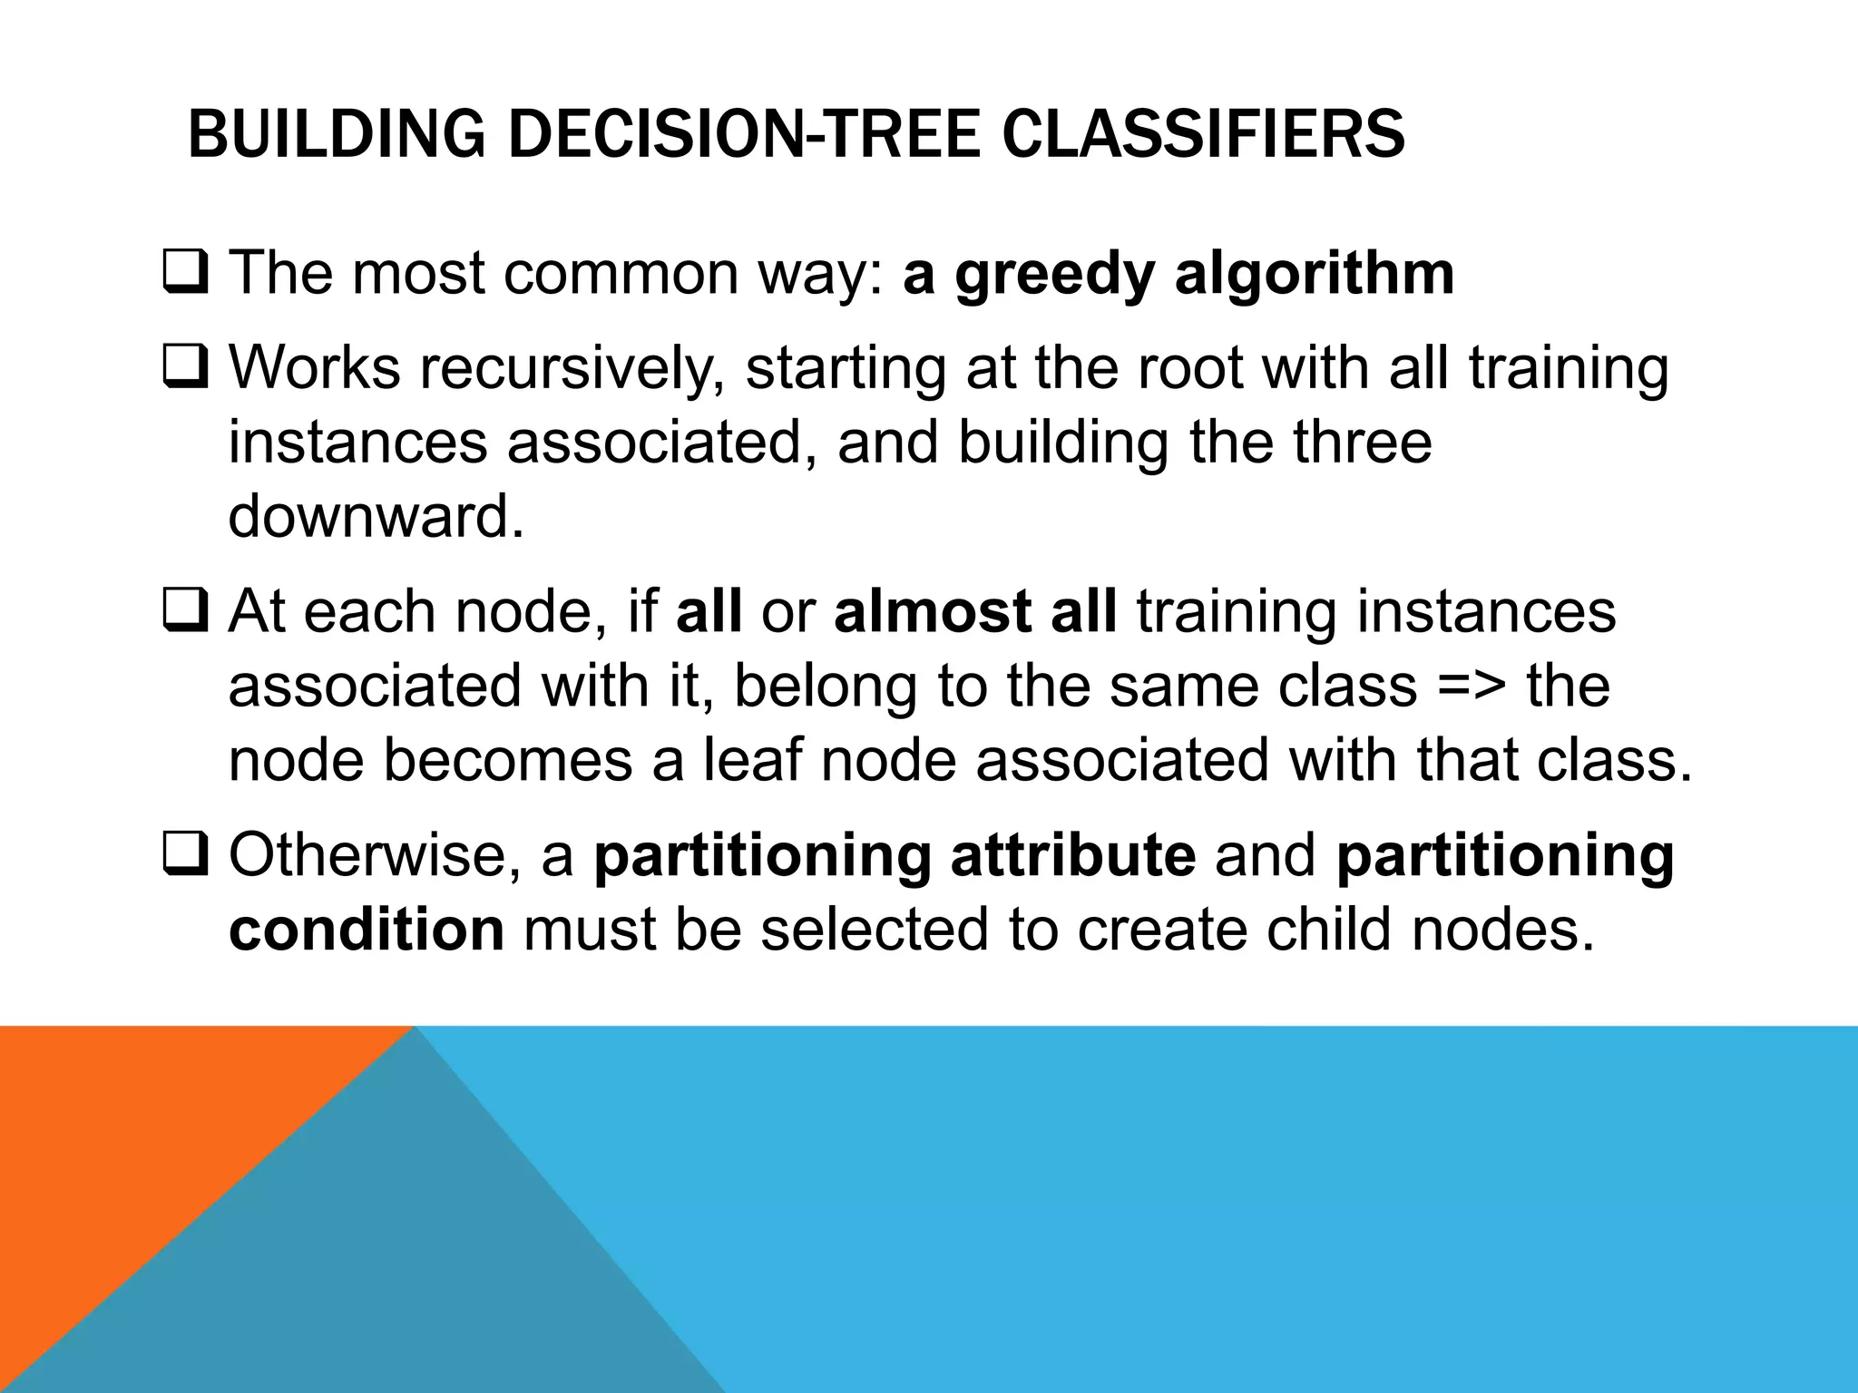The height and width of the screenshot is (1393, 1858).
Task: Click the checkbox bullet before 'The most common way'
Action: (x=186, y=273)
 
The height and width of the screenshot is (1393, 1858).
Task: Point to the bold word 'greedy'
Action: (x=1053, y=275)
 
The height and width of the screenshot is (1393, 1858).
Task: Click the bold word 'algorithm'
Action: (x=1315, y=273)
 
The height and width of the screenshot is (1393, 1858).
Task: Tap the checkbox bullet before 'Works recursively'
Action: (x=186, y=368)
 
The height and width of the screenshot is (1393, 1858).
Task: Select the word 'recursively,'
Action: (x=572, y=368)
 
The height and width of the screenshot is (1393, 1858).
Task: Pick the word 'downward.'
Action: (x=376, y=517)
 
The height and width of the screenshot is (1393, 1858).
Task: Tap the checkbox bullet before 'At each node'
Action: (x=186, y=612)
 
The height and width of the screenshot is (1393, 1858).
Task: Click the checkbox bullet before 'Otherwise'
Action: (x=186, y=856)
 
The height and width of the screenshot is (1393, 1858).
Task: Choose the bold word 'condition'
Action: (x=367, y=930)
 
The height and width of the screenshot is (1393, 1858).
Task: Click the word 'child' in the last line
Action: (x=1329, y=930)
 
